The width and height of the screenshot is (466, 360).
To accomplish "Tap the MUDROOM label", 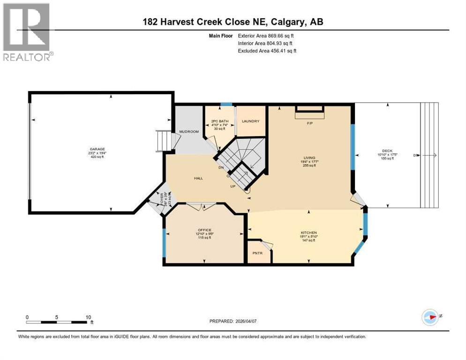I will (186, 132).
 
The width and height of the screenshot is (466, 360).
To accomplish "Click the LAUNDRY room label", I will (250, 121).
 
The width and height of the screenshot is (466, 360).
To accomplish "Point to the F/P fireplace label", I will (309, 124).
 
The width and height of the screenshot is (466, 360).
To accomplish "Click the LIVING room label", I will (309, 158).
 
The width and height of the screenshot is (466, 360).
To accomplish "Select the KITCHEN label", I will (309, 233).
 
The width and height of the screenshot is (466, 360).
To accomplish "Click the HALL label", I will (198, 178).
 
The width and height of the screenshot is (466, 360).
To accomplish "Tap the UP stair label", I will (232, 186).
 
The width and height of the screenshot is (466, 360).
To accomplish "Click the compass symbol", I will (430, 317).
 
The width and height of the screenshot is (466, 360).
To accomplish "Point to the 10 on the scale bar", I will (88, 317).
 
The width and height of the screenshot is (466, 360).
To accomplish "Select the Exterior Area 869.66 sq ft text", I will (266, 35).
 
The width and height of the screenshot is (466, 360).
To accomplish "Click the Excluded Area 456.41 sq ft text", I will (267, 51).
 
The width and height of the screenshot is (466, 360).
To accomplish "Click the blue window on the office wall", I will (164, 243).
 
